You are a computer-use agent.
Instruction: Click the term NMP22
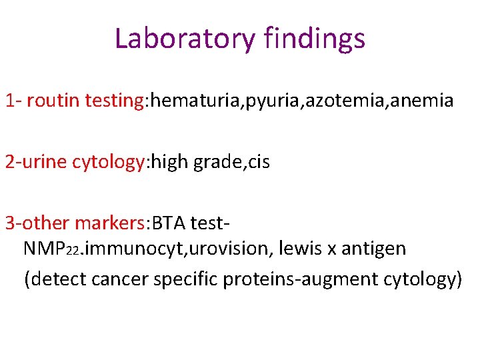tap(52, 249)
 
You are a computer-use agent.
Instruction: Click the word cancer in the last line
tap(120, 279)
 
